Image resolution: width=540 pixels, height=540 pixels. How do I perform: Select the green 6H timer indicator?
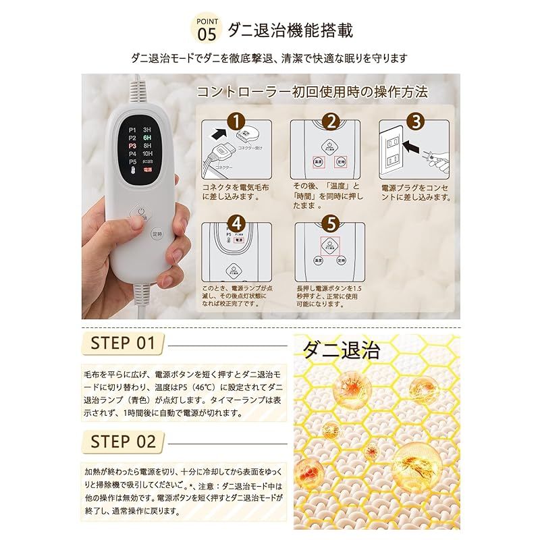pos(146,135)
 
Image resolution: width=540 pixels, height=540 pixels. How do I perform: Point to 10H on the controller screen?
pos(147,153)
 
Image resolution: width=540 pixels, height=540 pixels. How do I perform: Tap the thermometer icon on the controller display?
pos(131,171)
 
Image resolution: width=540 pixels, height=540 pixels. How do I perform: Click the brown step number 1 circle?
pos(235,122)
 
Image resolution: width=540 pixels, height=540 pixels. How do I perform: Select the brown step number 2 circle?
pos(330,122)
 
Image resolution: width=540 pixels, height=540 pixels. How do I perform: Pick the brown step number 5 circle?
pos(331,221)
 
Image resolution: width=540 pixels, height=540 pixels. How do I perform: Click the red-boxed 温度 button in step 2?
pos(317,162)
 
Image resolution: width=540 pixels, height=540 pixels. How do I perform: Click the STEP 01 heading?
pos(123,342)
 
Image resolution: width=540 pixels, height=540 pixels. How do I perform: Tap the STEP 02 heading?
pos(124,442)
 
